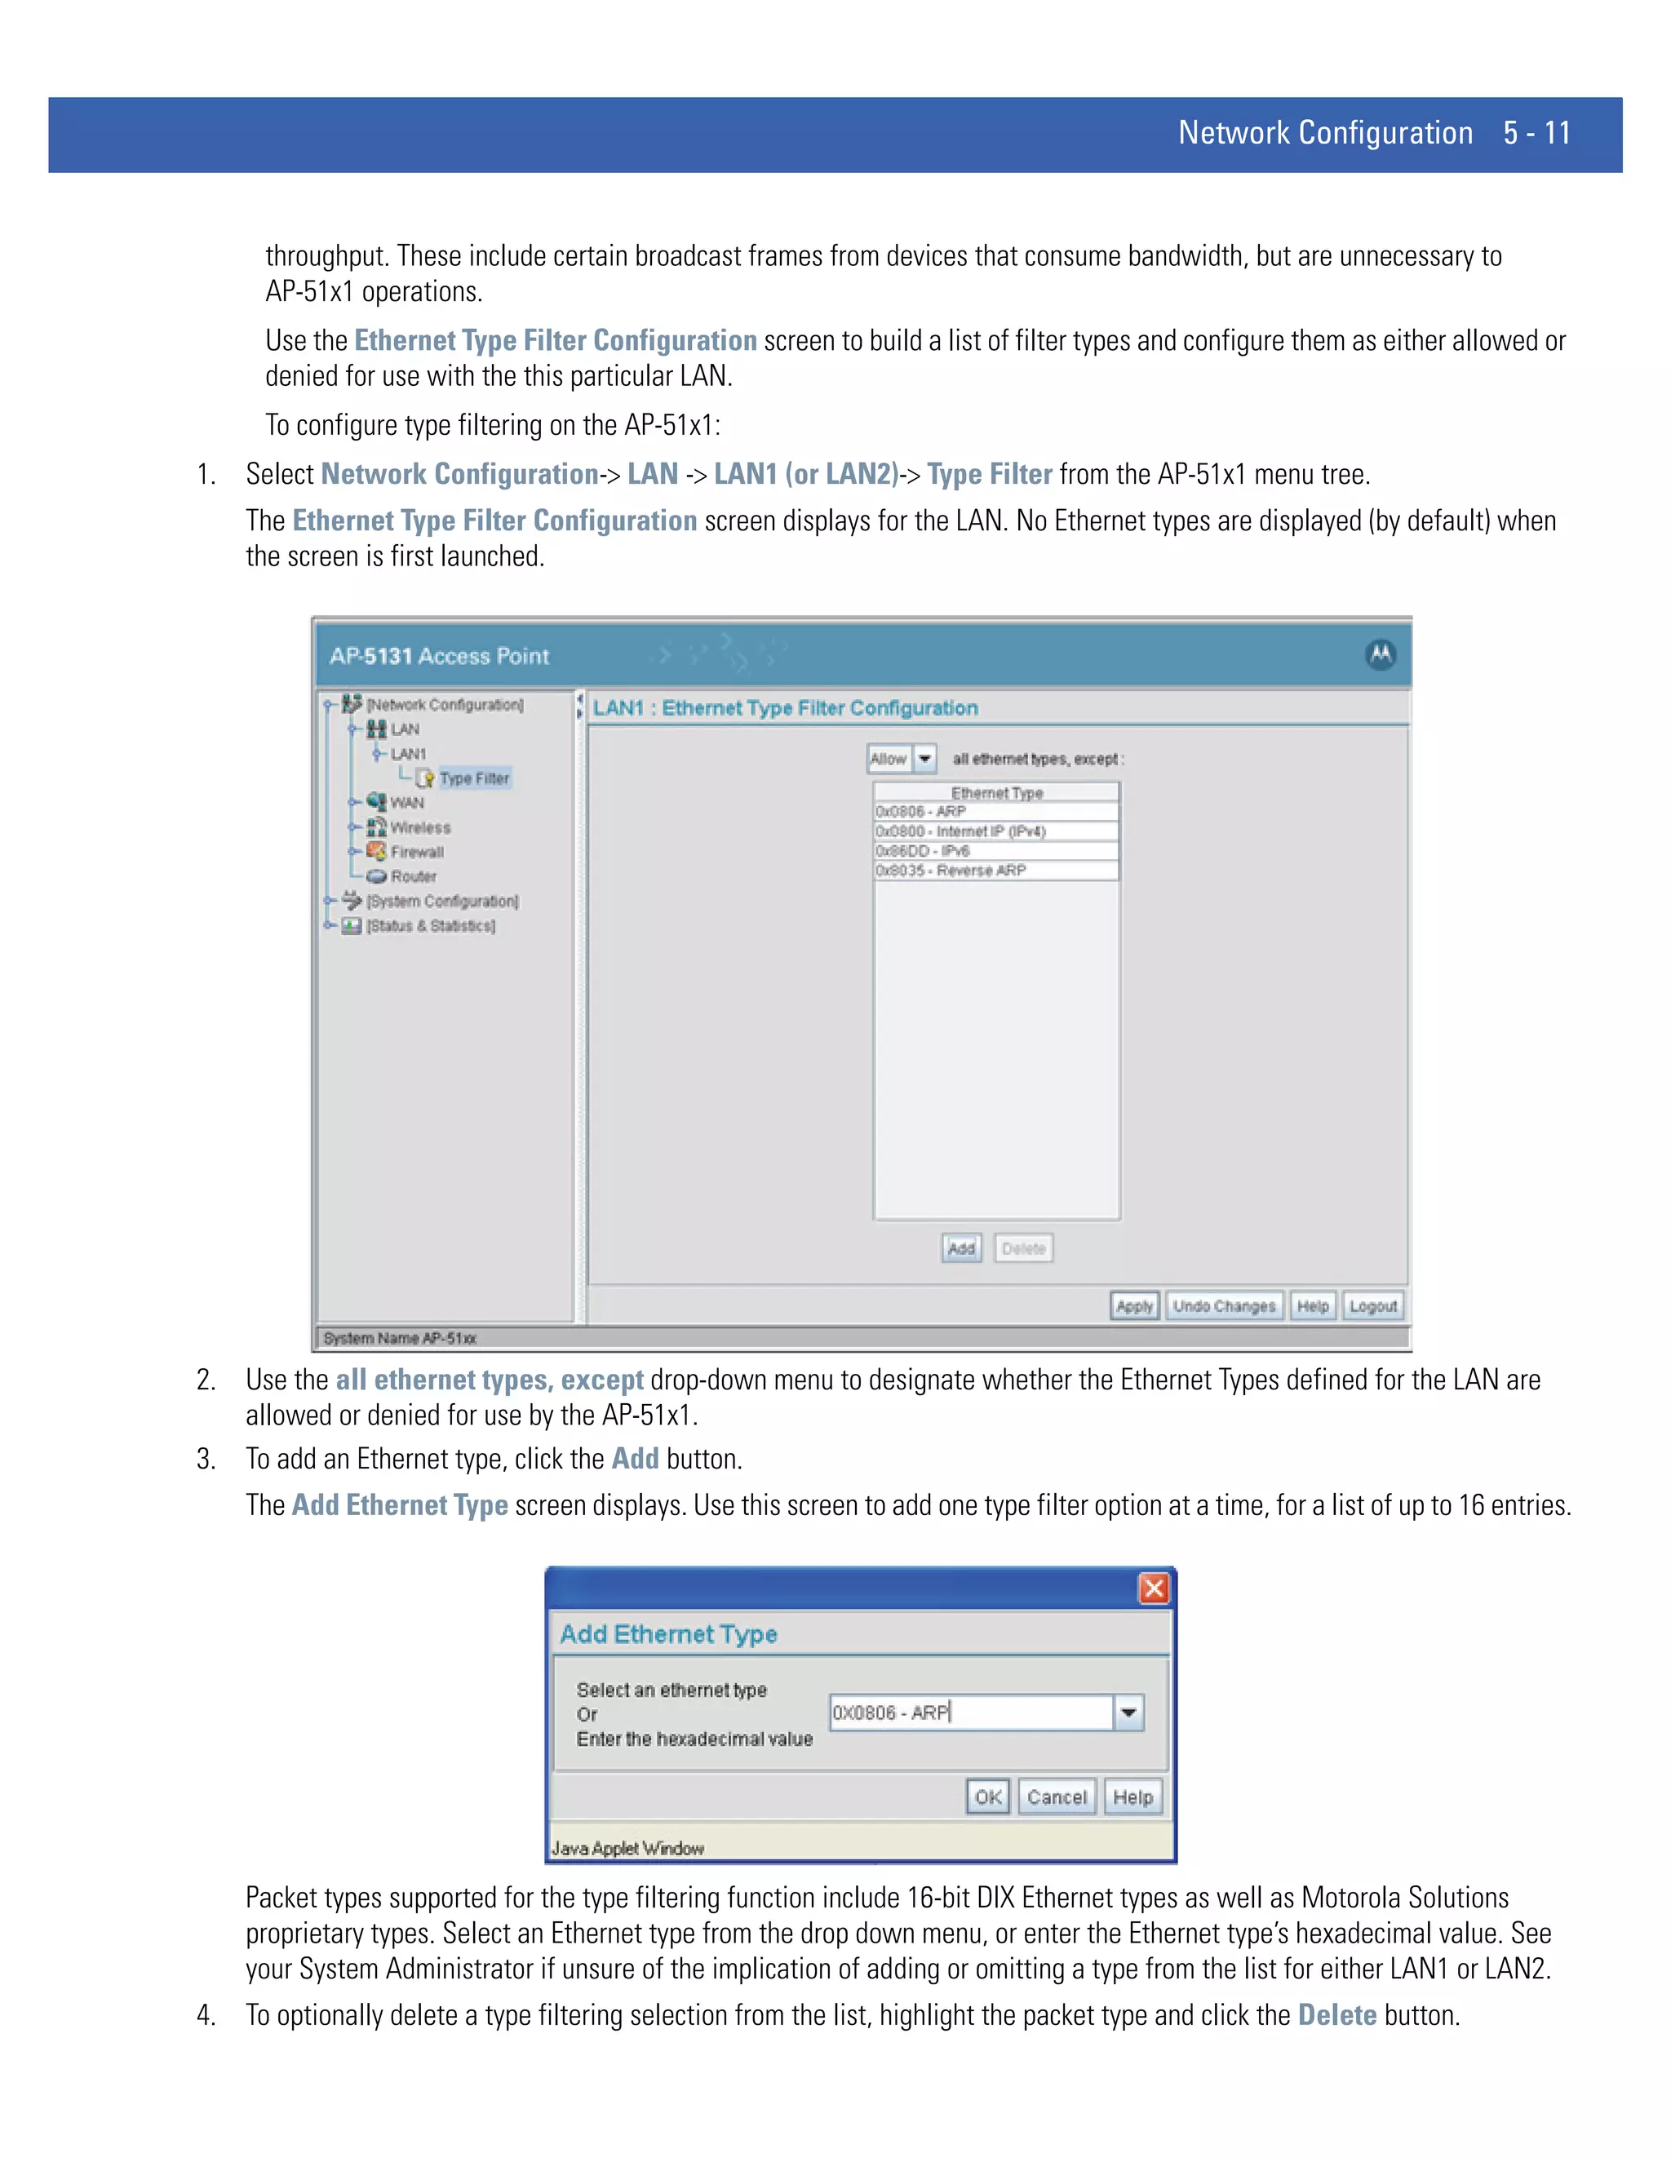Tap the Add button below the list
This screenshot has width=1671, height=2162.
click(x=960, y=1248)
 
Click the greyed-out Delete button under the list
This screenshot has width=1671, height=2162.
click(x=1024, y=1248)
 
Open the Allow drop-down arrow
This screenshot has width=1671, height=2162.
click(x=924, y=760)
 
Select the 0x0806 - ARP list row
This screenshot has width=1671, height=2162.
click(x=995, y=812)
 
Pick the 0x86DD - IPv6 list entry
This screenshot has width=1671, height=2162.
click(x=995, y=850)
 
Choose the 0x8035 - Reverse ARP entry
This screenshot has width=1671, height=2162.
click(x=995, y=871)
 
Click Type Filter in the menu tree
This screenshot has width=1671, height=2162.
click(x=474, y=778)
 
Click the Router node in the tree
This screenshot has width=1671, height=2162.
click(x=413, y=876)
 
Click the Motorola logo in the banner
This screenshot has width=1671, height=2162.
click(x=1380, y=654)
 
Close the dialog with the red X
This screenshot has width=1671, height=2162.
click(x=1153, y=1588)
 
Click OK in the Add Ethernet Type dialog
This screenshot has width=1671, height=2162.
click(x=987, y=1796)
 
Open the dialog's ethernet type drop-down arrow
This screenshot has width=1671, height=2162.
click(x=1128, y=1712)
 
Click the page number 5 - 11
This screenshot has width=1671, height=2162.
click(x=1536, y=134)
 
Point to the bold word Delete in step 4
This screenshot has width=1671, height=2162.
click(x=1336, y=2015)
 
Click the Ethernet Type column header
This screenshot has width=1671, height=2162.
click(x=996, y=793)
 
